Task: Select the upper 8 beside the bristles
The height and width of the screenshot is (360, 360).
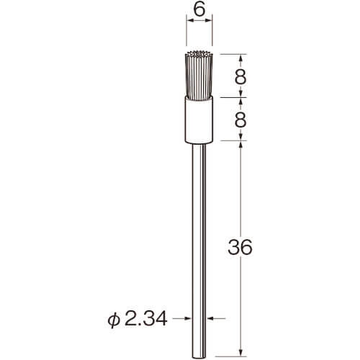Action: point(240,77)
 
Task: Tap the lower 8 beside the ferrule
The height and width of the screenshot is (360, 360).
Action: point(240,120)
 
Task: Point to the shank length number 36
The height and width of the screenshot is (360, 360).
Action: point(240,247)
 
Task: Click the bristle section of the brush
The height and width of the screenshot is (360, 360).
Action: point(199,76)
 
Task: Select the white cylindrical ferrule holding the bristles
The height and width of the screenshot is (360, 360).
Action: point(199,120)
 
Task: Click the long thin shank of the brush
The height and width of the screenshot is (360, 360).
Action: point(199,250)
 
